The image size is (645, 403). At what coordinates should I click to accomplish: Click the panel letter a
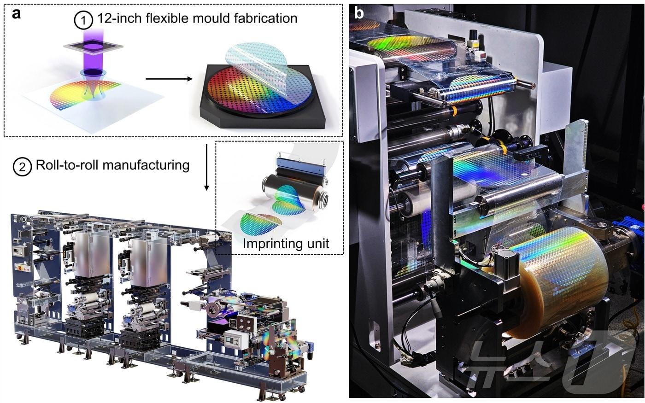[x=17, y=14]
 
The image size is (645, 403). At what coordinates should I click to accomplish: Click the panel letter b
[x=359, y=13]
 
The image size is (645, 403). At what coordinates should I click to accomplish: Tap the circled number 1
[x=83, y=20]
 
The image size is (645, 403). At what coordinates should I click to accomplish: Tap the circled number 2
[x=22, y=167]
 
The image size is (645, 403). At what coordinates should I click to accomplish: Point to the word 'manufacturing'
[x=146, y=165]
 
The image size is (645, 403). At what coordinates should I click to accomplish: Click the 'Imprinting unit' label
[x=286, y=244]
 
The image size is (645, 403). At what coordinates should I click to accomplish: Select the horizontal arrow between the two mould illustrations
[x=169, y=79]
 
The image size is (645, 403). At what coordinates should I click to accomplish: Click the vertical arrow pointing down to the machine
[x=206, y=167]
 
